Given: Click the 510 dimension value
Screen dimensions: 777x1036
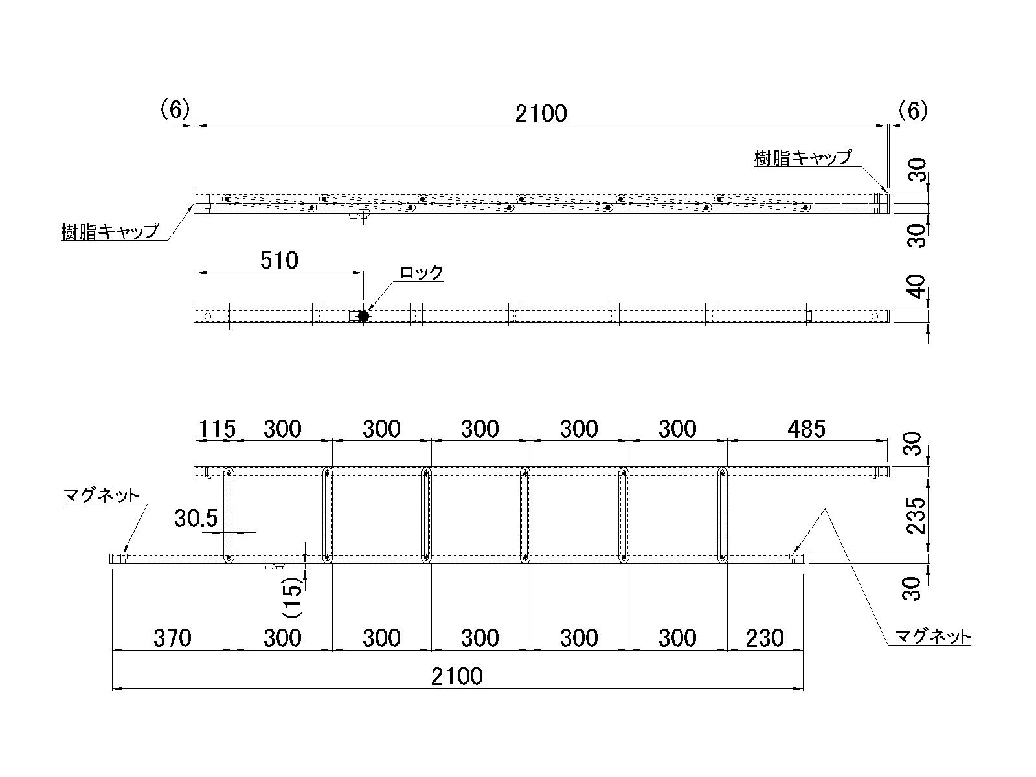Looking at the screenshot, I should pos(279,261).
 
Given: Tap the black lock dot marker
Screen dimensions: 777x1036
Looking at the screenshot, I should pos(363,316).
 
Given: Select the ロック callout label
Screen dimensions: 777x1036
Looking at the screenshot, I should pos(421,273).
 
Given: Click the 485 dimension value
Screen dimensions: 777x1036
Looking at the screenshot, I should pos(806,429).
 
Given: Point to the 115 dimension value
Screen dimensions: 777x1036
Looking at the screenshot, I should pos(216,429).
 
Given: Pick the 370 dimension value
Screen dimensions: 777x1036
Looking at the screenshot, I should pos(172,638).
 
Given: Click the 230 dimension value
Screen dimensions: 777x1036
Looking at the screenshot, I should pos(765,638).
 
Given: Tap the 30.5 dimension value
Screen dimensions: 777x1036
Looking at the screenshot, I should pos(196,518).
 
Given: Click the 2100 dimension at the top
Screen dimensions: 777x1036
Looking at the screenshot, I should pos(541,114).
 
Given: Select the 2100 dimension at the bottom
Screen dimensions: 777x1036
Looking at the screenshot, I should pos(457,677).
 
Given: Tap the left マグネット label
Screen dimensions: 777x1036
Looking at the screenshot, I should pos(101,496).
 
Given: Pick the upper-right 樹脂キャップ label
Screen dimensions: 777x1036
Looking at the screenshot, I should pos(803,157).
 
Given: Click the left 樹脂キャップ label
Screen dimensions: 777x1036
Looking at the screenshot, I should pos(109,231).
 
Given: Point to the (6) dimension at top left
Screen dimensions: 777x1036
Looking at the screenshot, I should pos(175,111).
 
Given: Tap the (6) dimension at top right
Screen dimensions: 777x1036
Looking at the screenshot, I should pos(913,111).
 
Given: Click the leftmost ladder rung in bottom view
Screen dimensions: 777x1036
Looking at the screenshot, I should pos(229,515).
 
